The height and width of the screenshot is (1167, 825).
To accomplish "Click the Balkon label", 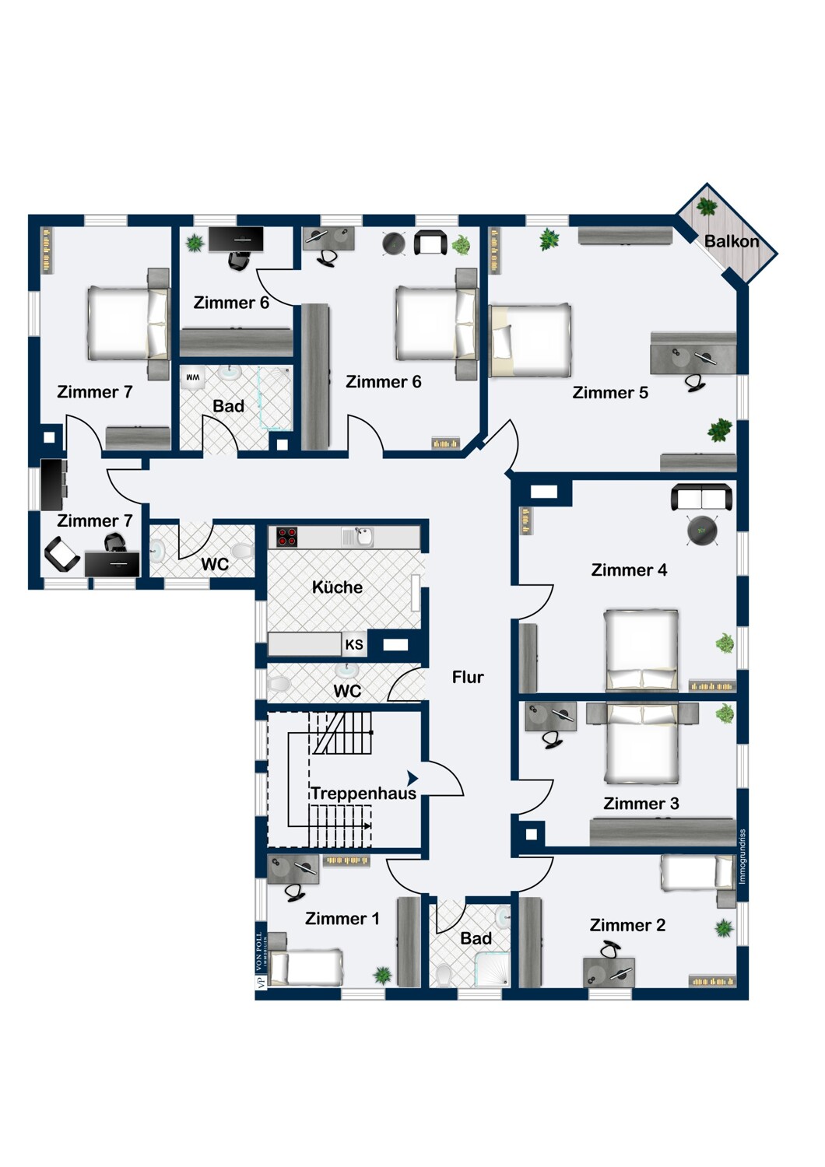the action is click(x=731, y=242).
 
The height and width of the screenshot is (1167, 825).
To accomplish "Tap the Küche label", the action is click(x=337, y=587).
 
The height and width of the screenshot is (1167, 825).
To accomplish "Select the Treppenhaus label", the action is click(x=363, y=793).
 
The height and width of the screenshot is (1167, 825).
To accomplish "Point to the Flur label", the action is click(x=468, y=677).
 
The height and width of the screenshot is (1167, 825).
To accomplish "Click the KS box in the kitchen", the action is click(x=354, y=644).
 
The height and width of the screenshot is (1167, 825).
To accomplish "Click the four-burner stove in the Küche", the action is click(x=286, y=537).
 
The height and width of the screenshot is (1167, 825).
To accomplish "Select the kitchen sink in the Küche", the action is click(x=358, y=537).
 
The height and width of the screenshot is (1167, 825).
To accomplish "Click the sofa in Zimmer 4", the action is click(x=701, y=497).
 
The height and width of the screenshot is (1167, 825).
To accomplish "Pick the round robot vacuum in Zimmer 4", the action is click(x=702, y=531).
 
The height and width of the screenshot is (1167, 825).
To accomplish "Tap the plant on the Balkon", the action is click(x=707, y=206).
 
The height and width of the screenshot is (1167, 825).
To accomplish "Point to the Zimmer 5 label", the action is click(x=610, y=392).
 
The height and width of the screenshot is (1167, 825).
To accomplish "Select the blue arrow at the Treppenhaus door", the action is click(x=412, y=778).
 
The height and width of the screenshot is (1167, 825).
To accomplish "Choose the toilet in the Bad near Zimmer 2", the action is click(x=444, y=973).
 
